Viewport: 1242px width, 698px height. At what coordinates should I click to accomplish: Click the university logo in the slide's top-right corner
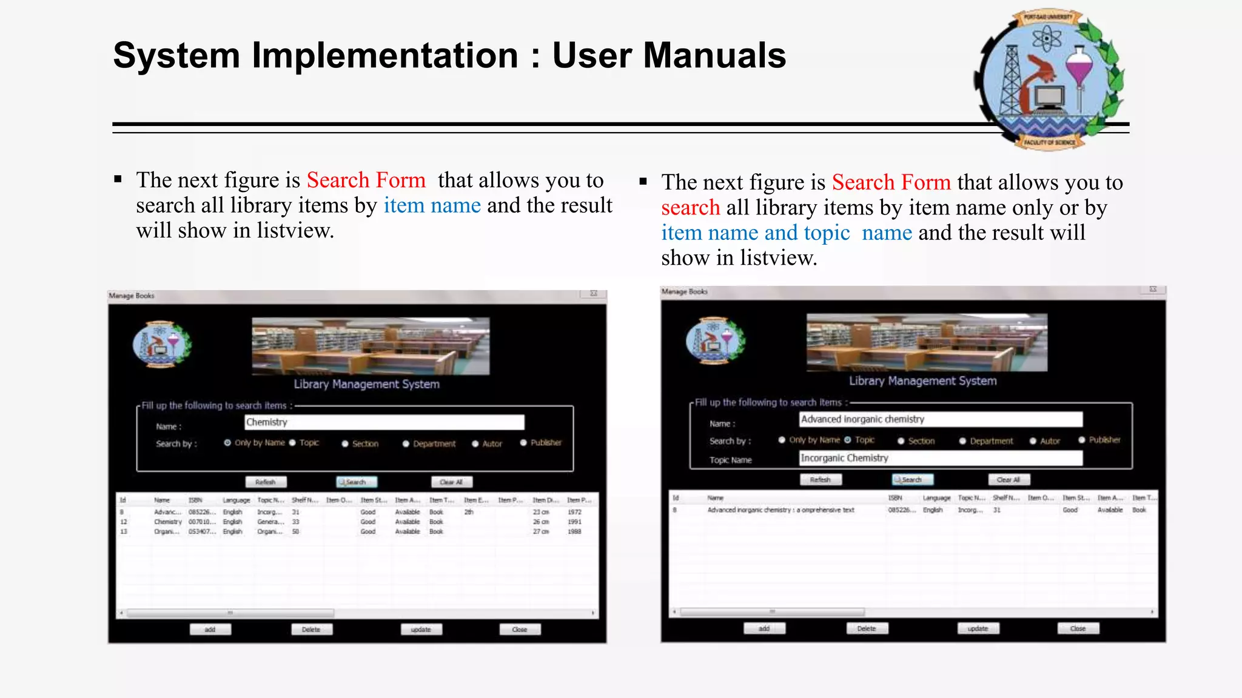(1050, 79)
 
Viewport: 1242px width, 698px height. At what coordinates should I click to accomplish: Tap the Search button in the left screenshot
(357, 482)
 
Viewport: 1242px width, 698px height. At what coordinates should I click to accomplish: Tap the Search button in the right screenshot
(912, 480)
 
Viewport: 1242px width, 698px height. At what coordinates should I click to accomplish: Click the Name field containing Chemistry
(384, 422)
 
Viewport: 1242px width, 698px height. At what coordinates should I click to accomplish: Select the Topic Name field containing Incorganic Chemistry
(940, 459)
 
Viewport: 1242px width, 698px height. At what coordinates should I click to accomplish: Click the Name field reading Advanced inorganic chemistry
(940, 419)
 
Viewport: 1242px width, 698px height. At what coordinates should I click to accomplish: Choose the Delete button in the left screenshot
(312, 630)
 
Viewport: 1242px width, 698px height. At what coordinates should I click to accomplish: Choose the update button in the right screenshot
(978, 628)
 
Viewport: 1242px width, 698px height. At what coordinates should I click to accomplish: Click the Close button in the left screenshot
(520, 630)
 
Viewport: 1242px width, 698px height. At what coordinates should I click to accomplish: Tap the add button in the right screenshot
(764, 628)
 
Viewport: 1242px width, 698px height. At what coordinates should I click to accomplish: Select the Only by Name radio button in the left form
(227, 443)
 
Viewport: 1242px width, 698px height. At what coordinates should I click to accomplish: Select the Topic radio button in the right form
(848, 440)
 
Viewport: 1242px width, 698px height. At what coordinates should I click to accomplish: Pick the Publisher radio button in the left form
(523, 443)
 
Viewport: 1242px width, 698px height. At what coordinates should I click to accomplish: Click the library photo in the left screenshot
(371, 346)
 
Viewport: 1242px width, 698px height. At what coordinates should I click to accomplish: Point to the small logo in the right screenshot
(716, 341)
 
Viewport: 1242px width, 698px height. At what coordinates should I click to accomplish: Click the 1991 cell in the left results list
(574, 522)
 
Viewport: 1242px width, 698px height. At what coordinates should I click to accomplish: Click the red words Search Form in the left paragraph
(366, 181)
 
